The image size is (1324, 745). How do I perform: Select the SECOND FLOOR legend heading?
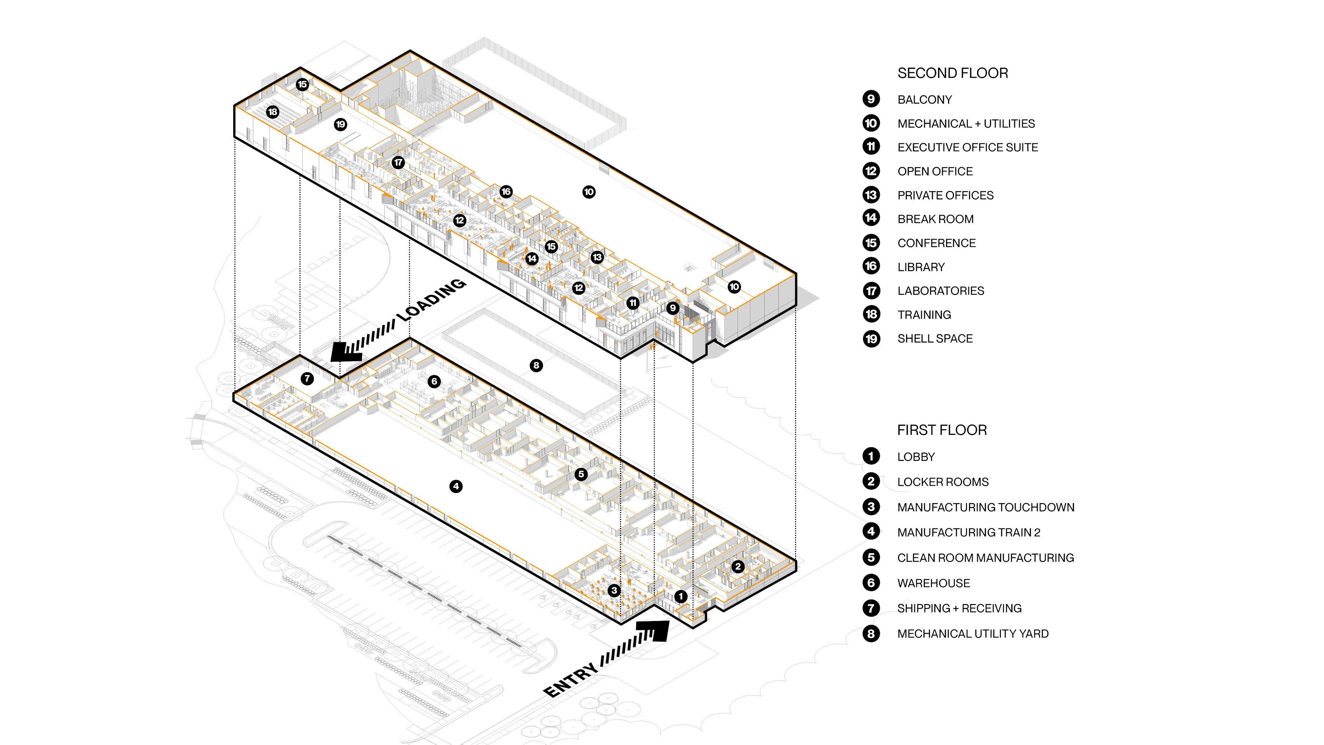tap(952, 73)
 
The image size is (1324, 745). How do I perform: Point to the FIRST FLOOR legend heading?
tap(942, 430)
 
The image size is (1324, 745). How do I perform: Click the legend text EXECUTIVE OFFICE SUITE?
tap(967, 147)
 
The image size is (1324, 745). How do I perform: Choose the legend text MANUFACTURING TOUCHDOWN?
tap(985, 507)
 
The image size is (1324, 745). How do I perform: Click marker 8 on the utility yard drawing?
tap(536, 365)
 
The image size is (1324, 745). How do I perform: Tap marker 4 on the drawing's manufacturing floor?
tap(456, 486)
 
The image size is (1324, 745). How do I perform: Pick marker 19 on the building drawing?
tap(340, 125)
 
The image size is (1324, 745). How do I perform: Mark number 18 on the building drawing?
tap(272, 111)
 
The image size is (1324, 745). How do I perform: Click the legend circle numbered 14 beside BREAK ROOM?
tap(871, 218)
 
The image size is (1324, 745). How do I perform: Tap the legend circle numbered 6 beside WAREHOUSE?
tap(871, 582)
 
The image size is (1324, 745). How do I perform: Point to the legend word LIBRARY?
tap(921, 267)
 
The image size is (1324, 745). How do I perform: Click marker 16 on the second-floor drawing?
tap(506, 192)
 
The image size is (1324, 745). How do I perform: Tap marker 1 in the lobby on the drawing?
tap(680, 597)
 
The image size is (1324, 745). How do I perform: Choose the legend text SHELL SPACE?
tap(935, 338)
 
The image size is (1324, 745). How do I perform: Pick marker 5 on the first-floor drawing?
tap(581, 474)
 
